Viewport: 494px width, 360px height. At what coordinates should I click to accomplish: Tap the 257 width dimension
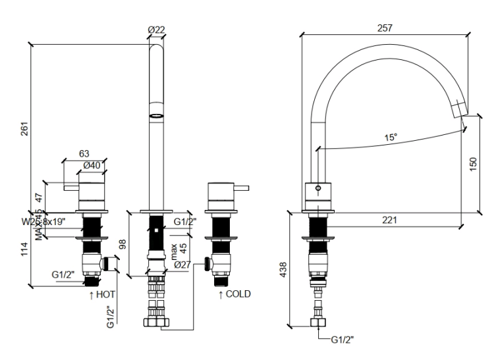point(385,28)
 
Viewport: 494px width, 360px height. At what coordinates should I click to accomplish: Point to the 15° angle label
point(391,138)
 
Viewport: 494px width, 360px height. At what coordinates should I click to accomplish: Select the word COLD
point(238,294)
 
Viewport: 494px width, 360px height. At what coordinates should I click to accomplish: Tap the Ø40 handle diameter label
point(91,165)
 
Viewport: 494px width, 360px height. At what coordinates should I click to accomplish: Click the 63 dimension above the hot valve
point(84,153)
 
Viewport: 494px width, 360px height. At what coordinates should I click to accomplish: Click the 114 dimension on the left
point(24,249)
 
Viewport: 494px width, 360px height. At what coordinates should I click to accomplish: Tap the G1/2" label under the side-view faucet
point(343,340)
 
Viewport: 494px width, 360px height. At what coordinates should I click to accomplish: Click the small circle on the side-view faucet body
point(318,189)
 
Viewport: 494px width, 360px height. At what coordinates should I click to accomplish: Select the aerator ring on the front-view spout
point(156,114)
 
